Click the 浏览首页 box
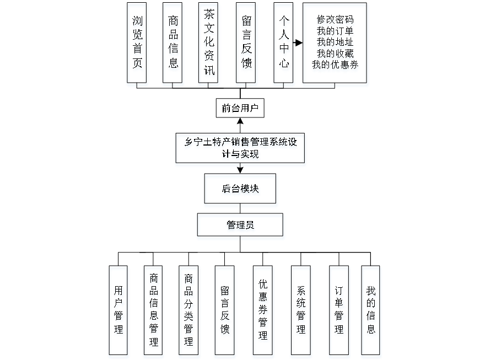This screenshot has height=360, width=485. click(137, 45)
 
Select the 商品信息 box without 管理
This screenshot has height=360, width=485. click(174, 45)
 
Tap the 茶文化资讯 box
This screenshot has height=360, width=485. click(209, 45)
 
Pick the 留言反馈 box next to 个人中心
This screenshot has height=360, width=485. click(246, 45)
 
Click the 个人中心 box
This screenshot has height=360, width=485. click(284, 45)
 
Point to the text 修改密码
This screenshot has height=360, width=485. click(336, 20)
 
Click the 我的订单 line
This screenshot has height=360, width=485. click(336, 31)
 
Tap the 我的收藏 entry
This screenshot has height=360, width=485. click(336, 54)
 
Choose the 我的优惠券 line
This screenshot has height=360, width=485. click(336, 66)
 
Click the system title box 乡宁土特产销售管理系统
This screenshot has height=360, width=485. click(240, 149)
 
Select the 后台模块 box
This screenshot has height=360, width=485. click(241, 190)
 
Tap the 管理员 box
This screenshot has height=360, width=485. click(241, 227)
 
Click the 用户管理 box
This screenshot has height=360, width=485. click(118, 312)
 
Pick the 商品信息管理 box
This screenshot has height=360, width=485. click(154, 312)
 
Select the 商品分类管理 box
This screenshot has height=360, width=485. click(189, 312)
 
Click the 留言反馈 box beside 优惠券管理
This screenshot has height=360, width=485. click(225, 312)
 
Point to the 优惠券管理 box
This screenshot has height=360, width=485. click(263, 312)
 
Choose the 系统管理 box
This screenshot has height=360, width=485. click(301, 312)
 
